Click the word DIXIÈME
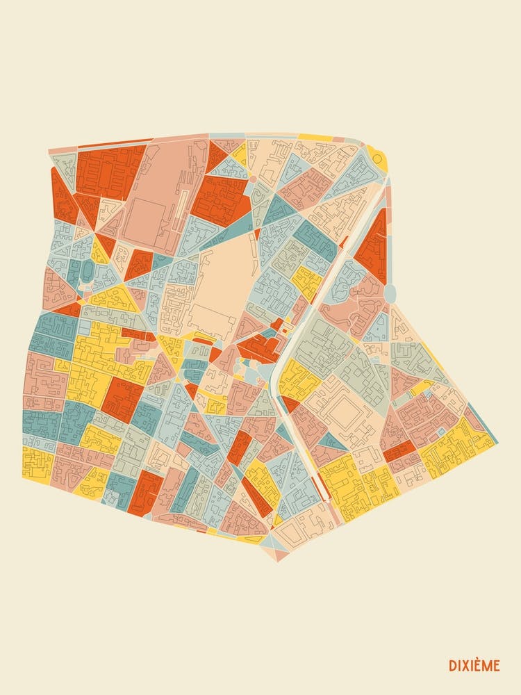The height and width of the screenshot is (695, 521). [x=474, y=665]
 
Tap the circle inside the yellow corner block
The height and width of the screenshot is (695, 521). [x=377, y=158]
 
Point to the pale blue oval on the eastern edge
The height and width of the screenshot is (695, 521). [x=390, y=293]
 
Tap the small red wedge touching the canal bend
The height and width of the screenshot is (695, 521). [x=290, y=404]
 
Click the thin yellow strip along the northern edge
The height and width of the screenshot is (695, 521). [x=315, y=138]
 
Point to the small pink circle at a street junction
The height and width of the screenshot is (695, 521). [x=253, y=179]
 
